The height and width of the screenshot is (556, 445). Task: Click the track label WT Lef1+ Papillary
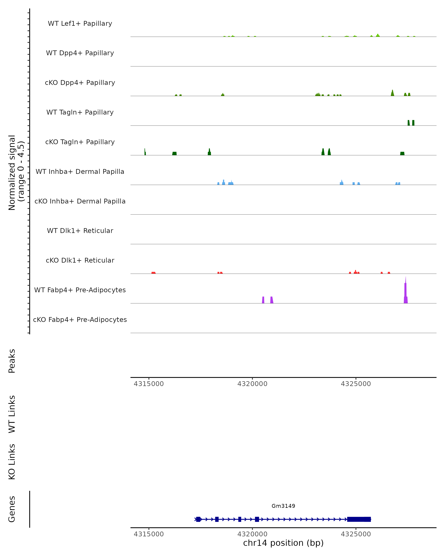[x=80, y=24]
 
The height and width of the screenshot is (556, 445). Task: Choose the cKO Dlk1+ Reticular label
[x=80, y=260]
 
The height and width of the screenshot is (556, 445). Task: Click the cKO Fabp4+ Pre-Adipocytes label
[x=80, y=320]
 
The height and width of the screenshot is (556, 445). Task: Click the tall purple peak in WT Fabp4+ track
[x=406, y=291]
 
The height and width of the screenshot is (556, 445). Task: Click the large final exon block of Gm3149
[x=359, y=519]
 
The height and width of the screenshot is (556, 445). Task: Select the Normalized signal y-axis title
[x=16, y=173]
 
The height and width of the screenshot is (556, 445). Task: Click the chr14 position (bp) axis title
[x=283, y=543]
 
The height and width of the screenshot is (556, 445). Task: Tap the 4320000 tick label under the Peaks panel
[x=252, y=384]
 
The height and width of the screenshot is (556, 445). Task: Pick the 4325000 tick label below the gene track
[x=356, y=534]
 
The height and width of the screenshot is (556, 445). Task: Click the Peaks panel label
[x=12, y=361]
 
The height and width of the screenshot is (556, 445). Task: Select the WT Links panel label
[x=12, y=414]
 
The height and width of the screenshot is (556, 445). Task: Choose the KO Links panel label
[x=12, y=462]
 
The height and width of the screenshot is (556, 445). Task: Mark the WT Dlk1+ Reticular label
[x=80, y=231]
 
